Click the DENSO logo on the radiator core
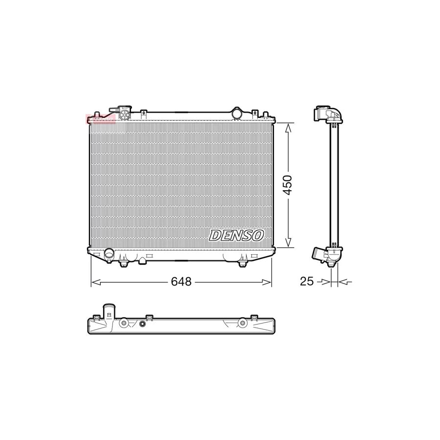point(237,235)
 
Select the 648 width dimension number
point(180,282)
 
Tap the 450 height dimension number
point(288,185)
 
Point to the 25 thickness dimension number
point(306,282)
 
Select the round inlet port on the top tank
point(237,113)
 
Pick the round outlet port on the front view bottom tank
point(109,254)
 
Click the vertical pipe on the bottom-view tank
point(109,311)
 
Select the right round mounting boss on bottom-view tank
point(242,323)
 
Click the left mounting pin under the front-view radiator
point(123,264)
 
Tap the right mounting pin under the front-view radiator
point(242,264)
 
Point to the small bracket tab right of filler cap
point(143,113)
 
